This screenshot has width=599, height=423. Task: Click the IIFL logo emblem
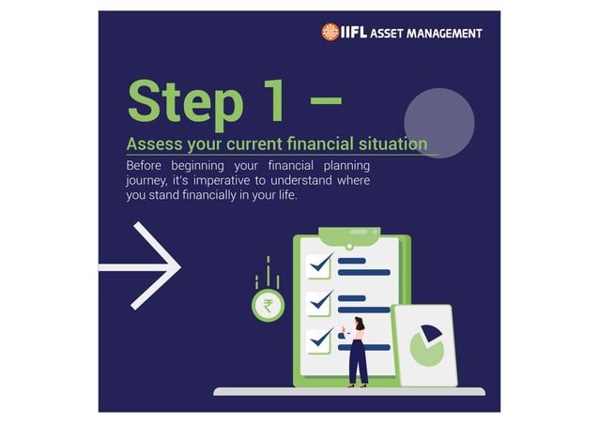tap(330, 33)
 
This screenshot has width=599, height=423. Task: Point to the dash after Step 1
tap(325, 97)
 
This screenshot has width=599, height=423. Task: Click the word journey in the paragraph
tap(146, 180)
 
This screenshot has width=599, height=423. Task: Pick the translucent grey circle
tap(438, 123)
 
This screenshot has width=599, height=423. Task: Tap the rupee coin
tap(268, 305)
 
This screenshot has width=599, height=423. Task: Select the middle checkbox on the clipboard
tap(319, 302)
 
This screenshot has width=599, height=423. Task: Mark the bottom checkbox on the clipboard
tap(319, 338)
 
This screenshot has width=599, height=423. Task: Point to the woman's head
tap(358, 324)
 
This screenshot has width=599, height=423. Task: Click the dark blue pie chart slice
tap(432, 334)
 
